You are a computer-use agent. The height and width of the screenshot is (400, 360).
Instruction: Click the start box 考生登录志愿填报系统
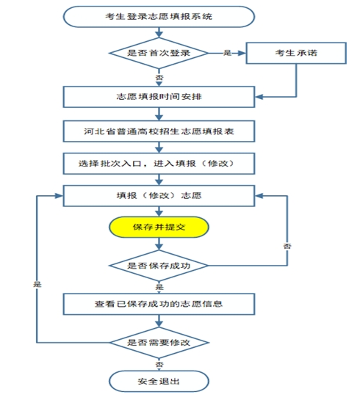tap(159, 17)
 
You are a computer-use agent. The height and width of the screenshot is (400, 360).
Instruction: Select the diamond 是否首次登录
tap(159, 53)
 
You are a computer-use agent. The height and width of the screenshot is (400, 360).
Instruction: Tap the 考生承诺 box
tap(296, 53)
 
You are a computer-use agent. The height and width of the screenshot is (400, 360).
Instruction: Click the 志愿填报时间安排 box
tap(159, 97)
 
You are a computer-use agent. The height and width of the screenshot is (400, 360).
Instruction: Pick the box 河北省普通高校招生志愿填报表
tap(159, 131)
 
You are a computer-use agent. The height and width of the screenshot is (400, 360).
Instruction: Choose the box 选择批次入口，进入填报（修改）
tap(159, 164)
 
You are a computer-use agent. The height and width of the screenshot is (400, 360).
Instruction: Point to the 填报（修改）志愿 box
tap(159, 196)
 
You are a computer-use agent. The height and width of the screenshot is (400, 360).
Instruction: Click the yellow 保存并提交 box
tap(159, 227)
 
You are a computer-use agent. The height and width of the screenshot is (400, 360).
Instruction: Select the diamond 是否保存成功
tap(159, 266)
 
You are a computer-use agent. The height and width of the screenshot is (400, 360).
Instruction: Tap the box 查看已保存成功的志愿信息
tap(159, 304)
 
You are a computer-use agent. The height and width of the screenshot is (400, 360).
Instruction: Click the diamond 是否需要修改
tap(159, 342)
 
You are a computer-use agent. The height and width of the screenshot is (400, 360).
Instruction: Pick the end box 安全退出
tap(159, 382)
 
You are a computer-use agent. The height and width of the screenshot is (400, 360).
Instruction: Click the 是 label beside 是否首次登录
tap(227, 53)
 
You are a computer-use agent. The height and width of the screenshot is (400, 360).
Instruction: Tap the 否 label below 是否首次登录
tap(159, 77)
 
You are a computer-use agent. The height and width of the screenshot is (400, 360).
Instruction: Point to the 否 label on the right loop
tap(287, 246)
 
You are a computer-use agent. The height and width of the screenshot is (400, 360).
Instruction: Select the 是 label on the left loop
tap(37, 284)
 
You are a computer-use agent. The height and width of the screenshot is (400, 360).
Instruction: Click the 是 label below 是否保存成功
tap(159, 287)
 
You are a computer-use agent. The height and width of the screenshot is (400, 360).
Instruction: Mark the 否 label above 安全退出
tap(159, 364)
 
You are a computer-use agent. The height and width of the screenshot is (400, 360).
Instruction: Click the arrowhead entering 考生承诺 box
tap(242, 53)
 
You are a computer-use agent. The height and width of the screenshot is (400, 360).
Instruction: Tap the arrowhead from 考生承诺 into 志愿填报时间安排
tap(259, 97)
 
